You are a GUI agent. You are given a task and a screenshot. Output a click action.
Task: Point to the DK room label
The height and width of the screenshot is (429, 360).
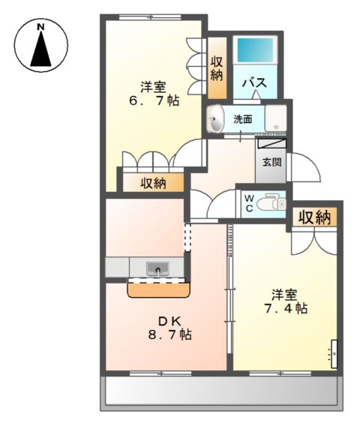point(164,319)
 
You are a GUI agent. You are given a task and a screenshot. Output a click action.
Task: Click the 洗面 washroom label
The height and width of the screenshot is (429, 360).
point(242,118)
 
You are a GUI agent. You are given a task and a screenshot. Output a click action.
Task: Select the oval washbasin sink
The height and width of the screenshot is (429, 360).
point(217,120)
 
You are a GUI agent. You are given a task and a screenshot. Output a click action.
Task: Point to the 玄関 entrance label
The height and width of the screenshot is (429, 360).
point(271,161)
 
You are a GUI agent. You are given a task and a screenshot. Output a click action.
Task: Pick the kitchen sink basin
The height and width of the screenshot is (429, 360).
point(157,268)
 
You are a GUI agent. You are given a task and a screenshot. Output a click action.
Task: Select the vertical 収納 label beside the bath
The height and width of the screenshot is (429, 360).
point(217,68)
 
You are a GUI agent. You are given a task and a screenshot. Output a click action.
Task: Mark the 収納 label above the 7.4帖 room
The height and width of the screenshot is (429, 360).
point(314,217)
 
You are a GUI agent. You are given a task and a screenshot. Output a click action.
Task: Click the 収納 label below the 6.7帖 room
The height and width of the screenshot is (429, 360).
point(153,181)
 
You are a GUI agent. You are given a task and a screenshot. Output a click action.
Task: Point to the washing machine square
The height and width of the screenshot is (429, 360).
point(275,118)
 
